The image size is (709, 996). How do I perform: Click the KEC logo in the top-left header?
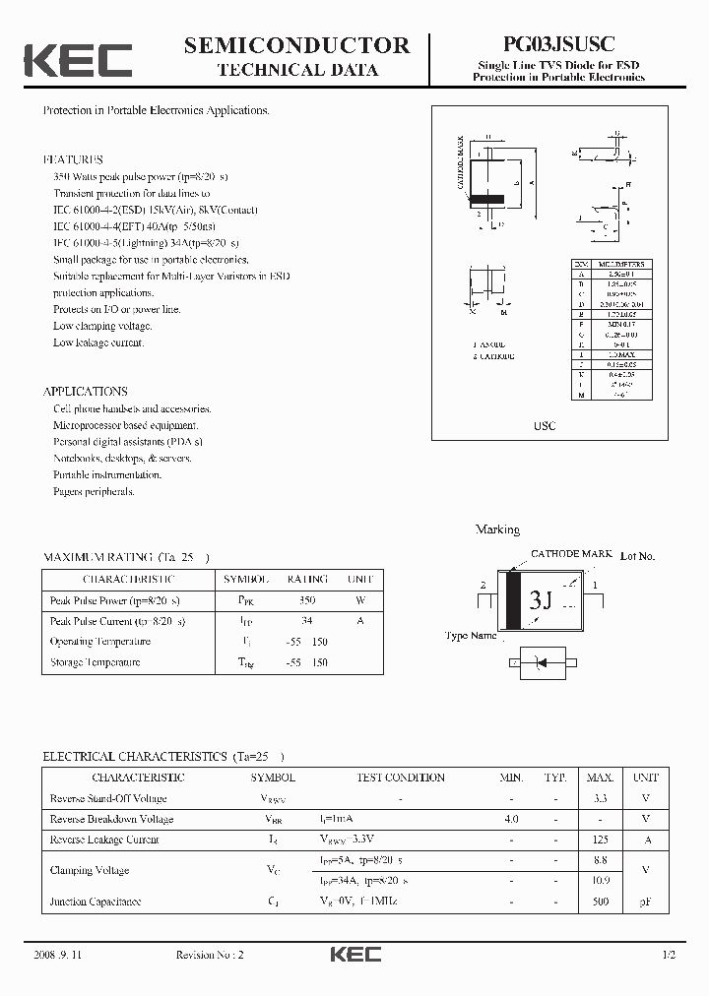[78, 59]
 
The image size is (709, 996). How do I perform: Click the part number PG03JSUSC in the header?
[558, 44]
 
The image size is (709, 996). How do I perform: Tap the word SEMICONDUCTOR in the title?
[296, 44]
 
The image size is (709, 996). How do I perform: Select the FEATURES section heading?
[73, 159]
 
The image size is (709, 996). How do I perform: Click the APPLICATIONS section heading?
[85, 391]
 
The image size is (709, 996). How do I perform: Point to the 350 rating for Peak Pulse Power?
[307, 600]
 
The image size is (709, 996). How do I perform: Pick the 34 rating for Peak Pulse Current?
[307, 621]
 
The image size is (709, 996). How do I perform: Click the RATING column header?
[307, 580]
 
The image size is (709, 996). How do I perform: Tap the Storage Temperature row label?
[96, 662]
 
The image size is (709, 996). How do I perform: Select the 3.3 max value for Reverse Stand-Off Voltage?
[601, 798]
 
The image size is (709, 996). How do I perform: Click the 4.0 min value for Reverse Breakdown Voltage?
[511, 819]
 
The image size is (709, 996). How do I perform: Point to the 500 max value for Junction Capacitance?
[601, 902]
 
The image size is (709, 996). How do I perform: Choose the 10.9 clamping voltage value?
[601, 881]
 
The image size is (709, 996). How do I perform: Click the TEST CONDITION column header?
[401, 778]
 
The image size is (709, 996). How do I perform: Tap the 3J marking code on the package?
[541, 599]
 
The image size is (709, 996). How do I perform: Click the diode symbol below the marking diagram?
[540, 664]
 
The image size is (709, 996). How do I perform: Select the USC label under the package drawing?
[545, 425]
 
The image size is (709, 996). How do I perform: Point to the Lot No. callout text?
[637, 556]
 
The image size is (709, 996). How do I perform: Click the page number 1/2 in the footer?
[669, 955]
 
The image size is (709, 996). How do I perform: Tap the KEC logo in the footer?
[354, 955]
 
